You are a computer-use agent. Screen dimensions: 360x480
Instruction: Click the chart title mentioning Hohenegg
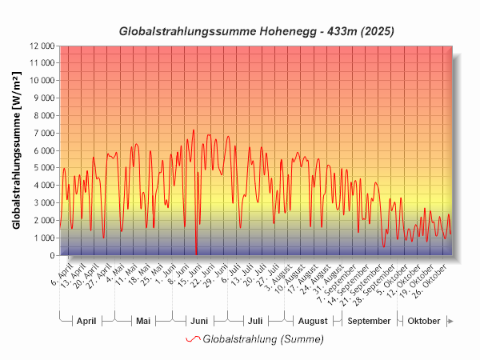pyautogui.click(x=256, y=31)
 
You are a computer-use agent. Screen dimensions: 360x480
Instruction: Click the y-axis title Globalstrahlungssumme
pyautogui.click(x=18, y=150)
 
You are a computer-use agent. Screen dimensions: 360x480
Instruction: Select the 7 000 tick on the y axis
pyautogui.click(x=42, y=133)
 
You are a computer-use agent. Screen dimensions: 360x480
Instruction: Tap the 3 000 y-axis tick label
pyautogui.click(x=42, y=203)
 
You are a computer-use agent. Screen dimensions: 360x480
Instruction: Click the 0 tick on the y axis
pyautogui.click(x=51, y=256)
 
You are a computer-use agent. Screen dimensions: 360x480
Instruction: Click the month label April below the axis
pyautogui.click(x=86, y=321)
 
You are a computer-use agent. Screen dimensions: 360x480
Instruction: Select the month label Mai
pyautogui.click(x=143, y=321)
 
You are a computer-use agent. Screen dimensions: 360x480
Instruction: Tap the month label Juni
pyautogui.click(x=199, y=321)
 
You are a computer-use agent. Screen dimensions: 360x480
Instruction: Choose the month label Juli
pyautogui.click(x=254, y=321)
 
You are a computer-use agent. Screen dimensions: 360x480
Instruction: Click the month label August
pyautogui.click(x=312, y=321)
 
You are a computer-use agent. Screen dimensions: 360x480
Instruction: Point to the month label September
pyautogui.click(x=370, y=321)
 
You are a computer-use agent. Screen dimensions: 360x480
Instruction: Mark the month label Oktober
pyautogui.click(x=424, y=321)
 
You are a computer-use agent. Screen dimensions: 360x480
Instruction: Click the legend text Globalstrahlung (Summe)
pyautogui.click(x=263, y=339)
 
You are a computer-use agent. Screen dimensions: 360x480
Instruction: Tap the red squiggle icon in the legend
pyautogui.click(x=192, y=339)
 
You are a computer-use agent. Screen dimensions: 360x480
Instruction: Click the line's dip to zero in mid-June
pyautogui.click(x=196, y=254)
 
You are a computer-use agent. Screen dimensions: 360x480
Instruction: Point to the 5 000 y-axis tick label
pyautogui.click(x=42, y=168)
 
